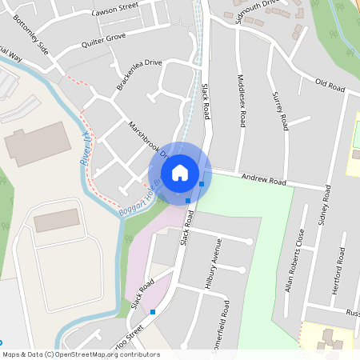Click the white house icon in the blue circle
click(x=180, y=172)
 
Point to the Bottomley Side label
click(x=32, y=38)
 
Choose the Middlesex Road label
click(x=242, y=99)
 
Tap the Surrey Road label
click(x=280, y=110)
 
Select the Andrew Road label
click(x=263, y=182)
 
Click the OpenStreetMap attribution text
click(x=80, y=354)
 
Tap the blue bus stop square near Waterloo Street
click(x=153, y=312)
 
